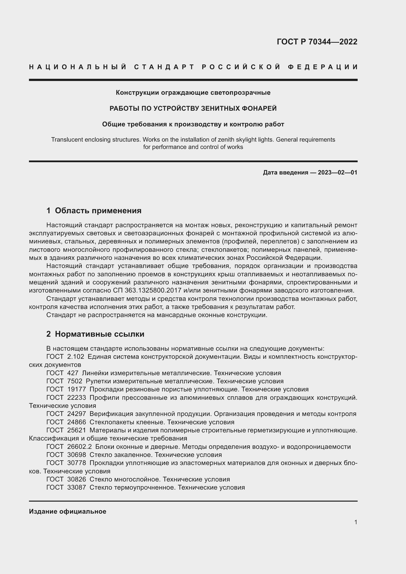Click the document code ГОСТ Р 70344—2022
[317, 42]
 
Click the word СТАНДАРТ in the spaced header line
[164, 67]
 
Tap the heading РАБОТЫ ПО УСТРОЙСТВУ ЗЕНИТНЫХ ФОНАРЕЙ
[193, 108]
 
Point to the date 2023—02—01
[338, 173]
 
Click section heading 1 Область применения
[94, 211]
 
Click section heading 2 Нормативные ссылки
[95, 334]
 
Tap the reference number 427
[72, 373]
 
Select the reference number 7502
[75, 381]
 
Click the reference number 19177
[77, 389]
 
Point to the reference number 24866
[77, 422]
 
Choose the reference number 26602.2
[79, 446]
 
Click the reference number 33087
[77, 487]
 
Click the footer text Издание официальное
[68, 511]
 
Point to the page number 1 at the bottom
[355, 522]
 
